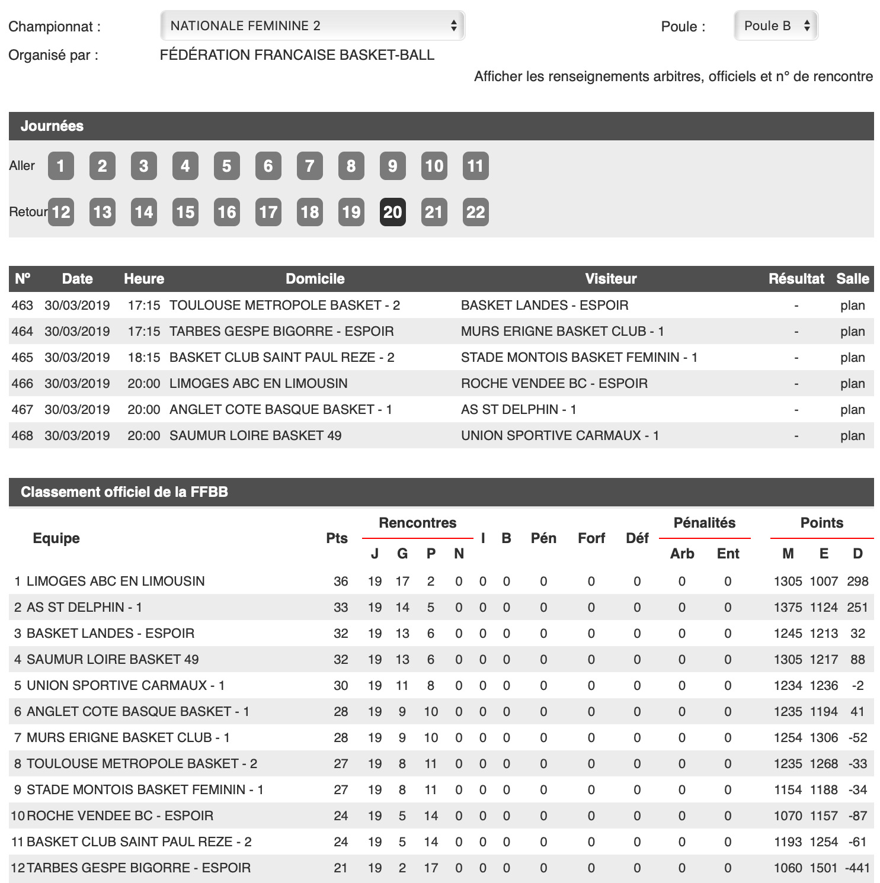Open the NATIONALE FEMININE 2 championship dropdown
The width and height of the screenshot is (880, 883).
[x=312, y=25]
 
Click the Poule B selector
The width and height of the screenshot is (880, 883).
[x=775, y=25]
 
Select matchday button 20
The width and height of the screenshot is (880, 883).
[x=392, y=212]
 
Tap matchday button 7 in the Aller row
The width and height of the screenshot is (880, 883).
[x=309, y=166]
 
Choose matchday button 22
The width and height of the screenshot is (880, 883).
[x=475, y=212]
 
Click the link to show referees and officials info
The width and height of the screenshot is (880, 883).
[x=673, y=76]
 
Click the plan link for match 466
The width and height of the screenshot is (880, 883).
[x=852, y=384]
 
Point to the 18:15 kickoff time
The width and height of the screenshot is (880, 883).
[x=144, y=358]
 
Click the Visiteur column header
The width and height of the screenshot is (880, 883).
[x=610, y=279]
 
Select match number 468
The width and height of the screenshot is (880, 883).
[x=23, y=436]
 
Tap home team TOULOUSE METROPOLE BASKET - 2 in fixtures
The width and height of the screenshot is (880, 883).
[x=284, y=306]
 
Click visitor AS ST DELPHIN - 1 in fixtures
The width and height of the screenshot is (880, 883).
[x=519, y=410]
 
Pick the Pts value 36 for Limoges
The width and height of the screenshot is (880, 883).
[x=341, y=582]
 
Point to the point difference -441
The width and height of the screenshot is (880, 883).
[x=857, y=868]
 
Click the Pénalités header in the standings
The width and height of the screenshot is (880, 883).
[x=704, y=523]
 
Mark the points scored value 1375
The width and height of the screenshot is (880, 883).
[x=788, y=608]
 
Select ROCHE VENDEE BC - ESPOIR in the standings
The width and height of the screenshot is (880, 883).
[x=120, y=816]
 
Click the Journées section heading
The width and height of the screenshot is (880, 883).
[x=52, y=126]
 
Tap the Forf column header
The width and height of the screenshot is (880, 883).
[x=591, y=538]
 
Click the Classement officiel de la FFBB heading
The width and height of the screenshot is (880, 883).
[x=124, y=492]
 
